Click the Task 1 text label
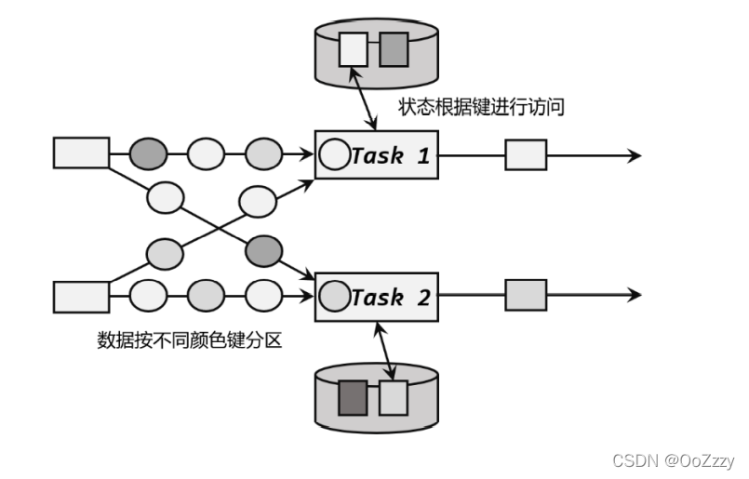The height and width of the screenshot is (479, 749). coord(391,155)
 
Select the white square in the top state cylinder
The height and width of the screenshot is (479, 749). coord(354,48)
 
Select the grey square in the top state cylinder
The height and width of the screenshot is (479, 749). coord(394,48)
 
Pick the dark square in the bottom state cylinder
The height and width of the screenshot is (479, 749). coord(354,397)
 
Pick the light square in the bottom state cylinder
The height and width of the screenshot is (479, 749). coord(393,397)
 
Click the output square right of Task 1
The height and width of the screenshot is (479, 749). coord(526,154)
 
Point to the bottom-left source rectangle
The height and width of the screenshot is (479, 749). coord(81,297)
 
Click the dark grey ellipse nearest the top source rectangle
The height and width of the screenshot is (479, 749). coord(148,152)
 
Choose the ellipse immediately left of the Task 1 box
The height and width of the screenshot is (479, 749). coord(263,152)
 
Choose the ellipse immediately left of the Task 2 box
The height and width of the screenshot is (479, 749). coord(263,296)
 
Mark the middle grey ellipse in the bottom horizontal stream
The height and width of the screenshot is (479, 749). coord(206,296)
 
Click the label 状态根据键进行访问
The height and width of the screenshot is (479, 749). coord(487,108)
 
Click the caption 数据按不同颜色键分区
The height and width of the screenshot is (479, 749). coord(189,339)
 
